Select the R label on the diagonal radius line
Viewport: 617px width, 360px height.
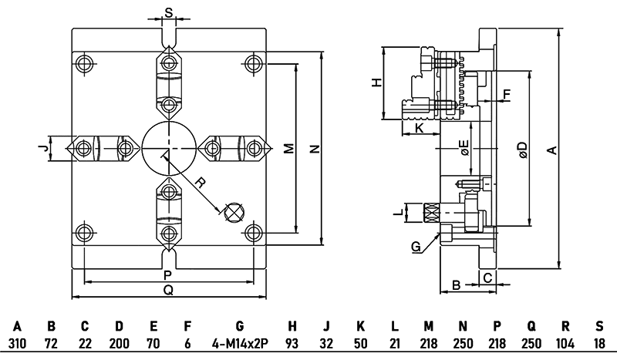pos(199,183)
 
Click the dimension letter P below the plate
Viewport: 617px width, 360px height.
pos(168,275)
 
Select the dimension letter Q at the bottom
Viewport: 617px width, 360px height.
pos(168,290)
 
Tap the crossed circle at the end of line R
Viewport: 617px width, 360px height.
pos(233,211)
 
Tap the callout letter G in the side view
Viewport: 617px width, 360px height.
pos(416,247)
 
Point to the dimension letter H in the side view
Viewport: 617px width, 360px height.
pos(377,82)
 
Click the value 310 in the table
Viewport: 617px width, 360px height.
pos(18,342)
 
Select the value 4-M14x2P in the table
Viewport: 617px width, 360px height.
pos(239,342)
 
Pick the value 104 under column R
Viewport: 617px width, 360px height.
pos(565,342)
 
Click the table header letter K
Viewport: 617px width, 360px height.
pos(361,327)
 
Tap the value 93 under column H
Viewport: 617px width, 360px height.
pos(292,342)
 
